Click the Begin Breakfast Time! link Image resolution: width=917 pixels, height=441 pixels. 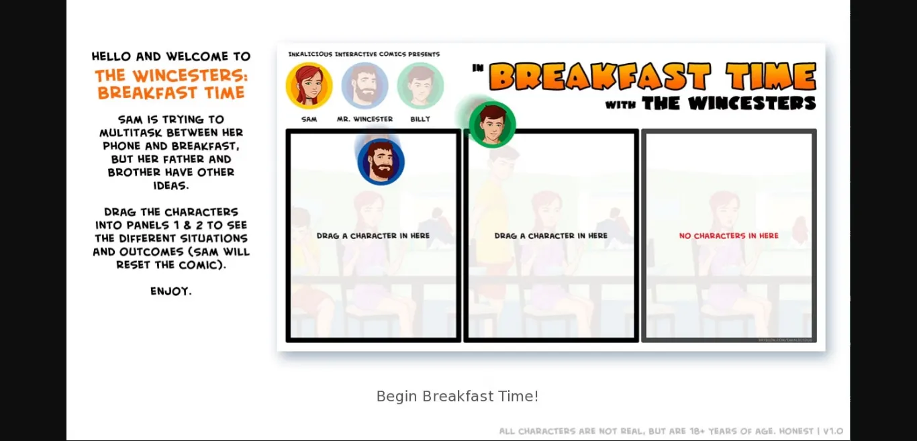(457, 396)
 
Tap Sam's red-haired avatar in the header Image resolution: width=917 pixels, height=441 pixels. (309, 86)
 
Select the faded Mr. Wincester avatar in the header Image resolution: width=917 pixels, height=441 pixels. (365, 86)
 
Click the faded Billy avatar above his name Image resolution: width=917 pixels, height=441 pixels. (420, 86)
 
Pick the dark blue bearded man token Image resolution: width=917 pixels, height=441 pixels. (381, 162)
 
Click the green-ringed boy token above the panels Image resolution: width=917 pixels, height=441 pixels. (492, 124)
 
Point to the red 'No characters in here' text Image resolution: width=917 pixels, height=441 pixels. (728, 236)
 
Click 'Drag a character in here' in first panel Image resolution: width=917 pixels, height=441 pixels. (373, 236)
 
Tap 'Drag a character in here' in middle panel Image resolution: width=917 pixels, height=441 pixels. (550, 236)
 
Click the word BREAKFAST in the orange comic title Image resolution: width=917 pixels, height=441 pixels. (599, 77)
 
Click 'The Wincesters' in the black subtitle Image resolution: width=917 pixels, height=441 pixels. (728, 103)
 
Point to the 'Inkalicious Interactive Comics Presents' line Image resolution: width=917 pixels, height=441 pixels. (364, 54)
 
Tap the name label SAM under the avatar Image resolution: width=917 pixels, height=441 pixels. (309, 119)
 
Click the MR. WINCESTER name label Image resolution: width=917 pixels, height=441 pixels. (365, 119)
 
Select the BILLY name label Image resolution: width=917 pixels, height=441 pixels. (420, 119)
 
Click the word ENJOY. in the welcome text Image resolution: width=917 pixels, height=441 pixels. (171, 291)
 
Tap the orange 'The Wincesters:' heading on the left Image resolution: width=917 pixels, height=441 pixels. (171, 75)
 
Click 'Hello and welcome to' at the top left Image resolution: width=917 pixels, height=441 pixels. (171, 56)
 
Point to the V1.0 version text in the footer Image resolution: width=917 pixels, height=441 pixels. (833, 431)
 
